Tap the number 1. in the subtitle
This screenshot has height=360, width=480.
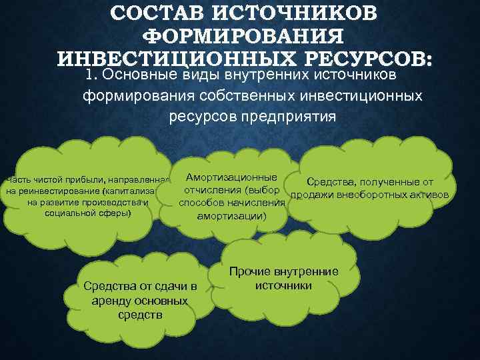point(94,77)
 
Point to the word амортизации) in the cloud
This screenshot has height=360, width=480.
point(231,217)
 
